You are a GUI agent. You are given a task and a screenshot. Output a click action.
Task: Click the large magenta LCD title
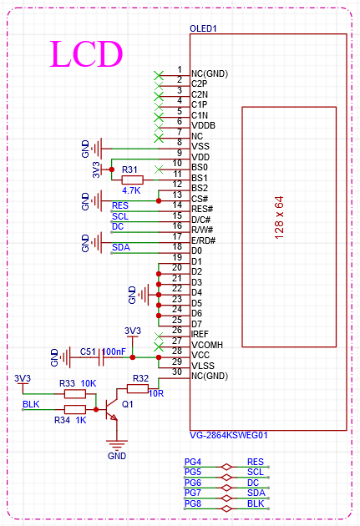[87, 53]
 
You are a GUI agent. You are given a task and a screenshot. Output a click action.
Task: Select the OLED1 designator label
[203, 28]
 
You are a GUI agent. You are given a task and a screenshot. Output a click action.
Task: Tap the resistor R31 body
[132, 180]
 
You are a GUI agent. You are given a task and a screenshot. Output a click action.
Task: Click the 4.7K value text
[131, 190]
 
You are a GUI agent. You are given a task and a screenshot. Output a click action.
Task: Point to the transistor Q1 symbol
[111, 404]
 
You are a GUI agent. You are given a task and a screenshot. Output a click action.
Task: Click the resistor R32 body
[138, 389]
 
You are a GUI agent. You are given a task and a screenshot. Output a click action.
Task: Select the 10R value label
[156, 393]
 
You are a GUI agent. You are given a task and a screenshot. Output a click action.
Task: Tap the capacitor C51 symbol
[101, 357]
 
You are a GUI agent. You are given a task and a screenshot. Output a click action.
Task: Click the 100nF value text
[114, 352]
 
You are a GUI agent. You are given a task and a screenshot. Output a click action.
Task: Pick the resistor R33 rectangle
[75, 394]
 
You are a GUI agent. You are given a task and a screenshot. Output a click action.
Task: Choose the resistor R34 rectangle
[75, 409]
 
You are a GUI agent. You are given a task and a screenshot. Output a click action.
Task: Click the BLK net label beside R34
[31, 404]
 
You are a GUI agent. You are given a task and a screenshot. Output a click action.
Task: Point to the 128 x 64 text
[279, 217]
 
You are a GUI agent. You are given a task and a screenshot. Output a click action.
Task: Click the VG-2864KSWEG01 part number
[229, 435]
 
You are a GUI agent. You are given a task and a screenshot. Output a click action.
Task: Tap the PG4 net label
[193, 462]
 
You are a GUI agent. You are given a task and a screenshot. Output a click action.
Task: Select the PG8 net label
[193, 503]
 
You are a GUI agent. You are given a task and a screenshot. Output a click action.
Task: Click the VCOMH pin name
[207, 345]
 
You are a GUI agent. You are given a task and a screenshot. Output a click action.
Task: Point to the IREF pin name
[200, 334]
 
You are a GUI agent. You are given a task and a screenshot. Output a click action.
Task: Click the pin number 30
[177, 372]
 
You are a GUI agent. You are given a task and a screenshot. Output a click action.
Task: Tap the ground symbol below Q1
[117, 445]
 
